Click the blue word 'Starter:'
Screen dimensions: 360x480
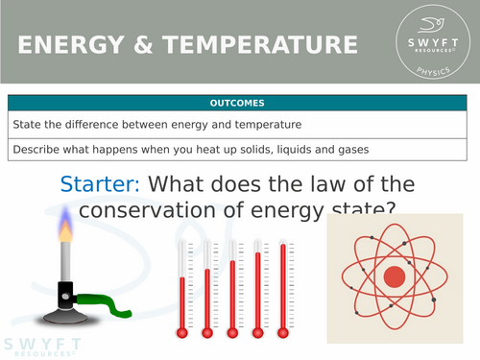point(101,183)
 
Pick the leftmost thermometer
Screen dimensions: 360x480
point(180,288)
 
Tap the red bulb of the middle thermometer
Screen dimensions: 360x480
point(231,332)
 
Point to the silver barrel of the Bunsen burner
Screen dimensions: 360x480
point(67,264)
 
